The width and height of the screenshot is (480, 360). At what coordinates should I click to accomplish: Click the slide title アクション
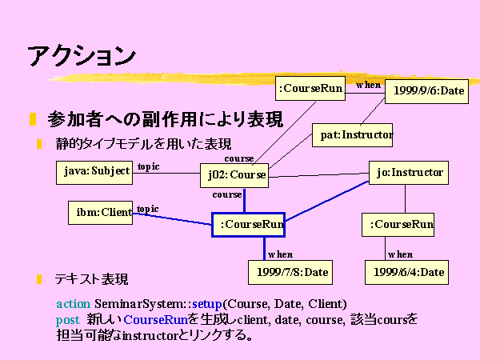(x=82, y=56)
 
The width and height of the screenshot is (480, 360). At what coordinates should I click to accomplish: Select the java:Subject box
(x=94, y=173)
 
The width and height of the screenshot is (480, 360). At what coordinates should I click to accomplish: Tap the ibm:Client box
(x=101, y=213)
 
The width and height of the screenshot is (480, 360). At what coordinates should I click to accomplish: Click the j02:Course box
(x=234, y=175)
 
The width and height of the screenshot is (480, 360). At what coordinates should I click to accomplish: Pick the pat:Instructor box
(x=352, y=135)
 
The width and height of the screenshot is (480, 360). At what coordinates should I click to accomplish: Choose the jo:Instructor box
(x=409, y=173)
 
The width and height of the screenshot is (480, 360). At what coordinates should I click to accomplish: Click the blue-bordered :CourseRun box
(x=248, y=225)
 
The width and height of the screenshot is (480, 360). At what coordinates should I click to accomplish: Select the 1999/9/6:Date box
(x=426, y=91)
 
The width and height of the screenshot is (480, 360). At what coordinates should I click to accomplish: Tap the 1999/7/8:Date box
(x=290, y=273)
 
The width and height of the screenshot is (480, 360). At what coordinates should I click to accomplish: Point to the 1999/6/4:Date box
(x=407, y=273)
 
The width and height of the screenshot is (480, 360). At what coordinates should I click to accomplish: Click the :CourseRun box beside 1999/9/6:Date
(x=310, y=89)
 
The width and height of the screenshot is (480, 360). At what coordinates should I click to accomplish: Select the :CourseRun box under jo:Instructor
(x=398, y=225)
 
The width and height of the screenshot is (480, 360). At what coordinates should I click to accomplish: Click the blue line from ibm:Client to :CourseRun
(x=172, y=219)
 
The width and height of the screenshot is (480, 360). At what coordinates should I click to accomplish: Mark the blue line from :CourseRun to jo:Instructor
(x=327, y=201)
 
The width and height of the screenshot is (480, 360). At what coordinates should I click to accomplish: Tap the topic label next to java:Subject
(x=149, y=166)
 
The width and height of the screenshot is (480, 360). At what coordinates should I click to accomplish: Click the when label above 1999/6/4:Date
(x=401, y=254)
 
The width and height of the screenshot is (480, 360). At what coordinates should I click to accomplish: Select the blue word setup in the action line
(x=207, y=304)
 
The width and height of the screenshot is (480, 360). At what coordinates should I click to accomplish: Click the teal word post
(x=68, y=320)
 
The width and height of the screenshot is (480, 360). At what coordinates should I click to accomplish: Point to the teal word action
(x=74, y=304)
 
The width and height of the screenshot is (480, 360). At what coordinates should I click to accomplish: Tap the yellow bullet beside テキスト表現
(x=39, y=279)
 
